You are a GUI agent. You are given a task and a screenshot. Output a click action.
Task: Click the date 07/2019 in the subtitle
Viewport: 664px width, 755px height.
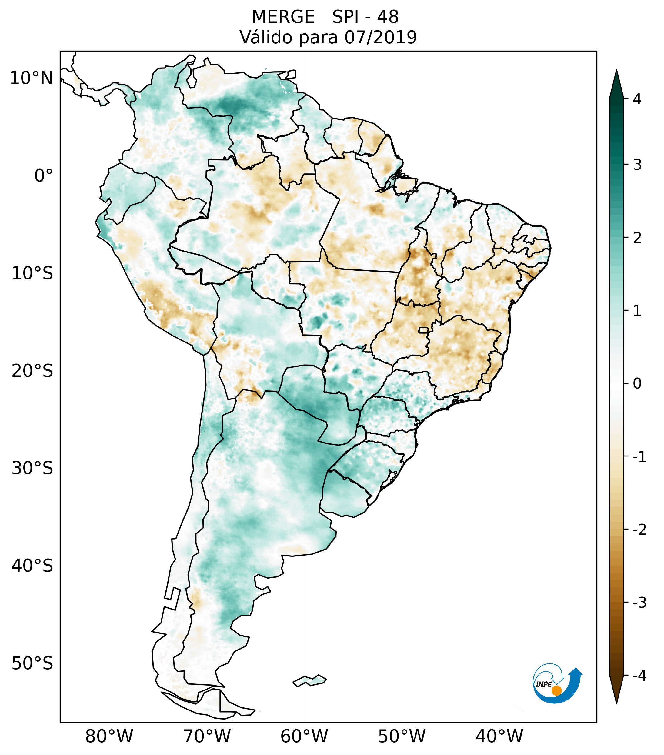tap(380, 37)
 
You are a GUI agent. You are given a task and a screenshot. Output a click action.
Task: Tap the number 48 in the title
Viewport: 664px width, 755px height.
tap(388, 17)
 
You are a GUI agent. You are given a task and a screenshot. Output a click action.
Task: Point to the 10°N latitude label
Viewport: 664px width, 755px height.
tap(32, 78)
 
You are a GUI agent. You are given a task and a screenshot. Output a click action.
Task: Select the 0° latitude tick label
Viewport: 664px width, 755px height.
tap(44, 176)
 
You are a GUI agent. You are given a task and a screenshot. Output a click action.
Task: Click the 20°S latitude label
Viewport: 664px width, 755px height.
tap(32, 371)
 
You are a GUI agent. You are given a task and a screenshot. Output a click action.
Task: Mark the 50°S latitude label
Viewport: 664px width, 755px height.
tap(32, 663)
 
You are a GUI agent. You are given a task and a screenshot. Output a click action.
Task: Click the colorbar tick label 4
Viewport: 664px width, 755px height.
tap(637, 99)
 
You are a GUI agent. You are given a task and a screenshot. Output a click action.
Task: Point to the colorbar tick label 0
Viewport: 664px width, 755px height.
tap(637, 383)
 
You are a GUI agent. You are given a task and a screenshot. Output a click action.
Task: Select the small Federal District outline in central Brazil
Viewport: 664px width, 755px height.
tap(424, 329)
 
